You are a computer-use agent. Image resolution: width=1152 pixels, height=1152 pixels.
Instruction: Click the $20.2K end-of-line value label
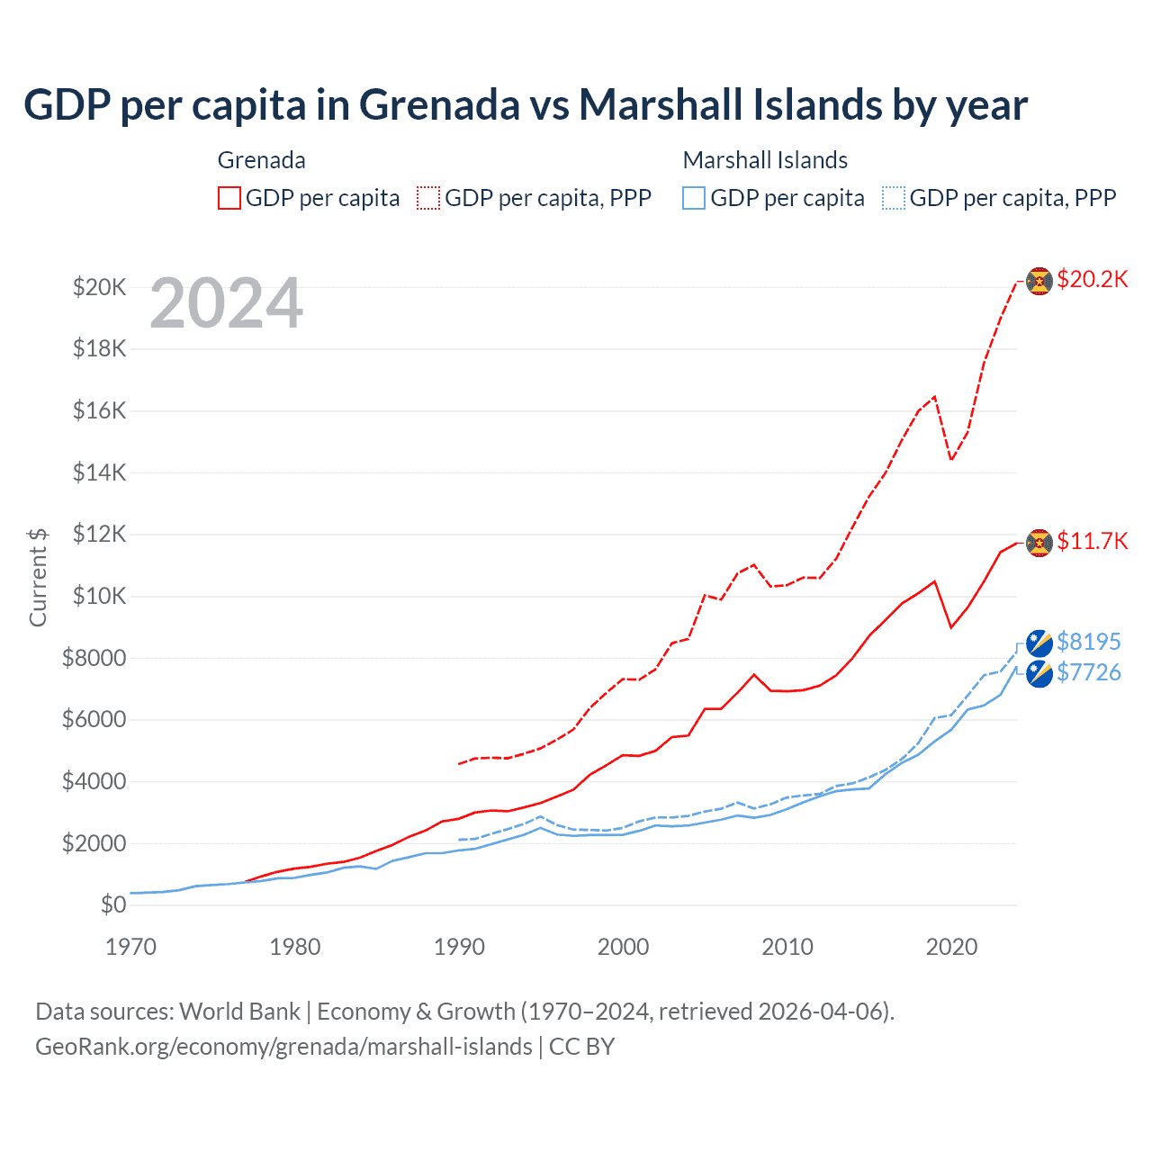pos(1092,279)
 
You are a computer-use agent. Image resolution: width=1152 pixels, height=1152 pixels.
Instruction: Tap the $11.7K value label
pos(1092,541)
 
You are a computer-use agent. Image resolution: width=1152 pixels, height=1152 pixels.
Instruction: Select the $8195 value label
pos(1088,642)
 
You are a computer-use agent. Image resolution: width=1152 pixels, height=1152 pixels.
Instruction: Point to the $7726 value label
pos(1088,672)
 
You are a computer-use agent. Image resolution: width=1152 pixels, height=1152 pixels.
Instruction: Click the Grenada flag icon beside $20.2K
pos(1039,281)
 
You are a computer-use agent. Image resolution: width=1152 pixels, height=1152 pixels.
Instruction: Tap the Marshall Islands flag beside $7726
pos(1039,673)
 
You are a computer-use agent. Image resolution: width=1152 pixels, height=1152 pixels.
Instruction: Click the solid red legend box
pos(229,198)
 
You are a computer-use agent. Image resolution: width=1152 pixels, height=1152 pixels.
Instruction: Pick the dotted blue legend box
pos(894,198)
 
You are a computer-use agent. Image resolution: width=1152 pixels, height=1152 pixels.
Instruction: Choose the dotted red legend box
pos(428,198)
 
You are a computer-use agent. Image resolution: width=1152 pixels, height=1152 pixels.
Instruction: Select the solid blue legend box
pos(694,198)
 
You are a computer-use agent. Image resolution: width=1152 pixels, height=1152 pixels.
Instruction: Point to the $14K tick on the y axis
pos(99,472)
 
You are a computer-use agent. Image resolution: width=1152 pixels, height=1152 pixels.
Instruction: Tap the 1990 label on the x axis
pos(459,947)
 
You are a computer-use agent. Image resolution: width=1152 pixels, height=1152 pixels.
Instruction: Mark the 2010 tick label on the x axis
pos(787,947)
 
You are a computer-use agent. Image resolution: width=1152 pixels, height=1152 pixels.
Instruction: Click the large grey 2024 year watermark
pos(226,303)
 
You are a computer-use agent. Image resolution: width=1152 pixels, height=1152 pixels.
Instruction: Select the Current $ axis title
pos(38,577)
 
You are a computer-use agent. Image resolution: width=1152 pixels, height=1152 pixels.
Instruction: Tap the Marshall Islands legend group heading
pos(765,160)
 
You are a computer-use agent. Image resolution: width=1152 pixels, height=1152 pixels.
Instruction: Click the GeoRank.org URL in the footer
pos(283,1047)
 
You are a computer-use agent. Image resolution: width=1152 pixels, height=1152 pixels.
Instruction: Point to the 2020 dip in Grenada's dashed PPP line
pos(951,460)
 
